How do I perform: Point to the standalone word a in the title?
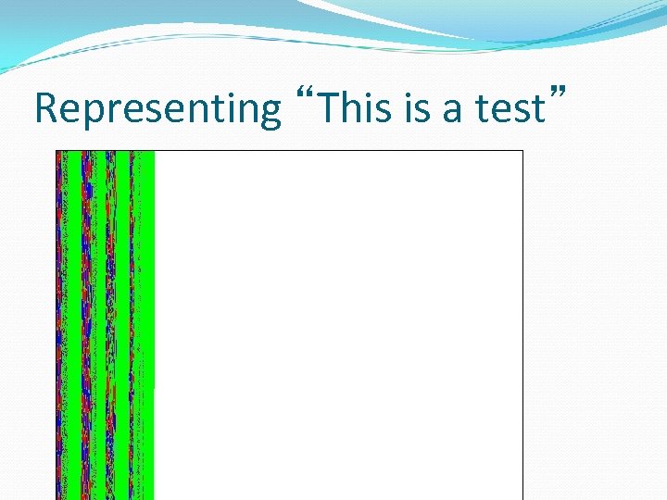point(453,110)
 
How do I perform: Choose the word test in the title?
point(509,109)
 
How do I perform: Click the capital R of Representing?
point(44,108)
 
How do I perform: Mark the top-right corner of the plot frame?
point(523,150)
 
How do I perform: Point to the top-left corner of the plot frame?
point(56,150)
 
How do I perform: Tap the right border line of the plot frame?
point(523,324)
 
